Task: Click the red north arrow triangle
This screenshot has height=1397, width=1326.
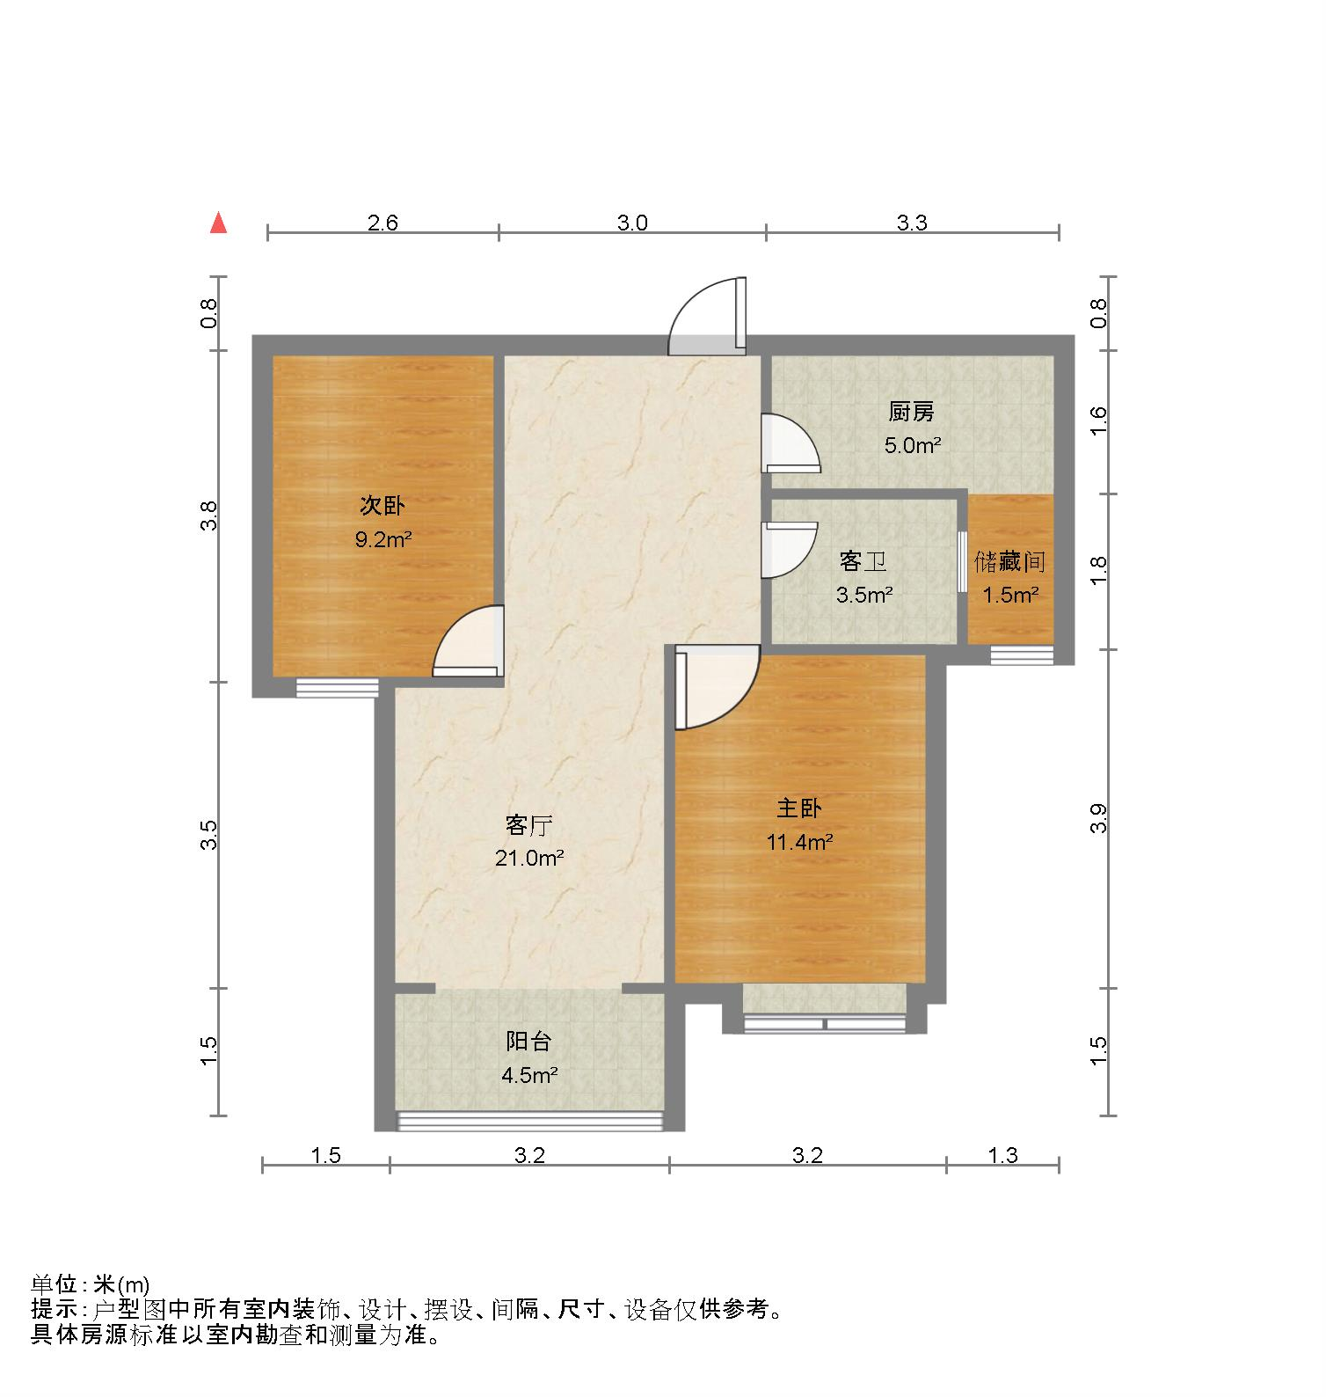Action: [218, 223]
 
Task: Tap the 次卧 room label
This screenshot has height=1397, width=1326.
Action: [382, 506]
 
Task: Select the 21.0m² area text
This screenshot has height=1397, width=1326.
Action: [528, 858]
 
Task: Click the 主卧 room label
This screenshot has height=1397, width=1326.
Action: [799, 808]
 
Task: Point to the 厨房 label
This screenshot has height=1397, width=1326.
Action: [911, 411]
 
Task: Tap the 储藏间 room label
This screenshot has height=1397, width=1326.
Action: [1009, 561]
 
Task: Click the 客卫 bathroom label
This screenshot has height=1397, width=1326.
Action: [862, 560]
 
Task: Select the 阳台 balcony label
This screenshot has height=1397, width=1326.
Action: [528, 1042]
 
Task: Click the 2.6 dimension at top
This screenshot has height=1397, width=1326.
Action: [382, 223]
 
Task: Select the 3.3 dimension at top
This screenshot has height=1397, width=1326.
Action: [912, 223]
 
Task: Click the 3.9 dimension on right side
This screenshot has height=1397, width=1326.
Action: [1097, 818]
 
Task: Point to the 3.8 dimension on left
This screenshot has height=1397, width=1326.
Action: [208, 516]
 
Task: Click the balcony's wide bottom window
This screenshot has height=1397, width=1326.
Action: [530, 1120]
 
